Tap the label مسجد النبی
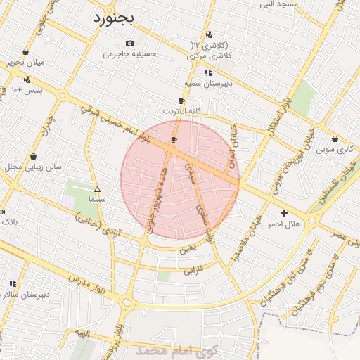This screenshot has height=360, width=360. tap(278, 4)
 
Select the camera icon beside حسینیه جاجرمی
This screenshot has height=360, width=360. tap(129, 44)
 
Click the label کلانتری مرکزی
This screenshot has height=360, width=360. tap(212, 55)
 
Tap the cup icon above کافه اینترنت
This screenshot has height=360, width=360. tap(182, 101)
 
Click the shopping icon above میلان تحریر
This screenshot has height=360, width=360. tap(26, 51)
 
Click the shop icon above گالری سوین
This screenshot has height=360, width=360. tap(335, 139)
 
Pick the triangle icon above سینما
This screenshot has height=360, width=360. tap(97, 190)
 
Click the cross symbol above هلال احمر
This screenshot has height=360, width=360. tap(284, 213)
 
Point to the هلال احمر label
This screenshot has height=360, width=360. tap(284, 224)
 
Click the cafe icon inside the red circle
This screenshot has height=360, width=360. tap(174, 140)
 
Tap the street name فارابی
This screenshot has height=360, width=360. tap(193, 269)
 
